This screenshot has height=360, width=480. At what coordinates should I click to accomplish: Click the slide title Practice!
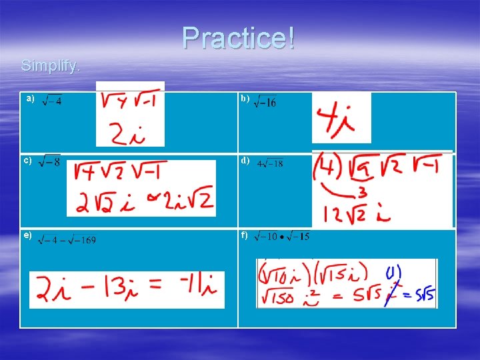pos(238,38)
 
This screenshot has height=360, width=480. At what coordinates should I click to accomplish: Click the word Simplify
pos(51,66)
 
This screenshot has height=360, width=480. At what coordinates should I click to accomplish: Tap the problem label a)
pos(30,99)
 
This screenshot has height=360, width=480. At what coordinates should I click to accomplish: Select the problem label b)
pos(245,99)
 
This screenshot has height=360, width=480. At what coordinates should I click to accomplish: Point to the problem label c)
pos(28,160)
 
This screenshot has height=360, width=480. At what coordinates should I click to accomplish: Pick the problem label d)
pos(245,160)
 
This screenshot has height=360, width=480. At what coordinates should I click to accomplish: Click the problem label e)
pos(28,235)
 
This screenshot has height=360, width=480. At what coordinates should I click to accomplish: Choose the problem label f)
pos(245,235)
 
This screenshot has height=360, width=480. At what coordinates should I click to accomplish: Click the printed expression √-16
pos(265,102)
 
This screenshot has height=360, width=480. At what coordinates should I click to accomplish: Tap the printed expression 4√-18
pos(270,163)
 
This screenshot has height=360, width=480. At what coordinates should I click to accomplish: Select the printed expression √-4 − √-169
pos(67,239)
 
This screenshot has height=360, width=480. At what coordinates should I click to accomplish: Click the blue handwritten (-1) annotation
pos(393,273)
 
